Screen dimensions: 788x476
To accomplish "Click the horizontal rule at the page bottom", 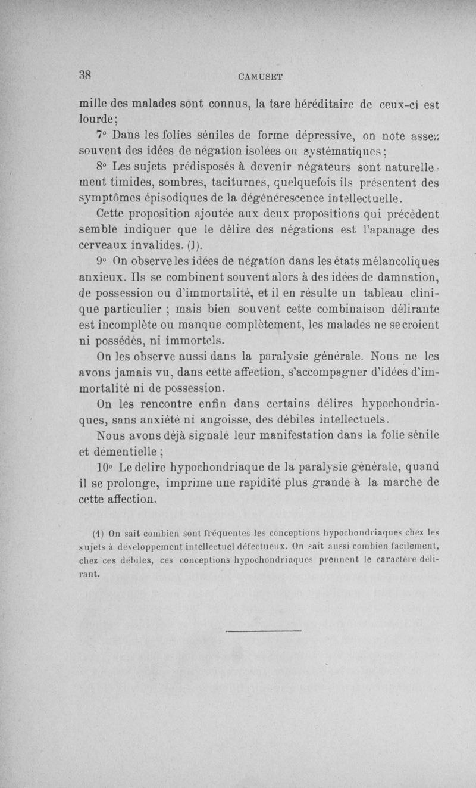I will [x=265, y=630].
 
